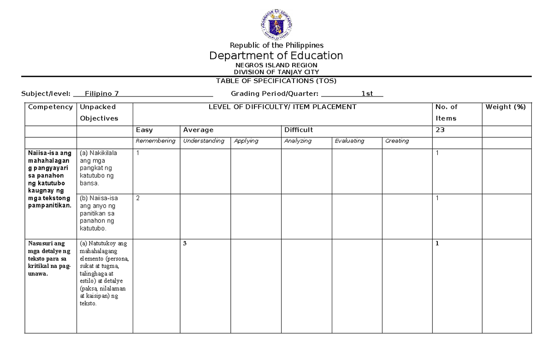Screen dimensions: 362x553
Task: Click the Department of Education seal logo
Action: [276, 23]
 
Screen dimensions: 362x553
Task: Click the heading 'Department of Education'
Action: [276, 56]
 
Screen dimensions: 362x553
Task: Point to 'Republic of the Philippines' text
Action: [276, 45]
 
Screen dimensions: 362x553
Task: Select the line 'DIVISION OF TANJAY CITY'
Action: [276, 72]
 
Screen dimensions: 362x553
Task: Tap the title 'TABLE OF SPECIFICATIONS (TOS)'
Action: [276, 81]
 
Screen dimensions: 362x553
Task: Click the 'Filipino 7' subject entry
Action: [102, 94]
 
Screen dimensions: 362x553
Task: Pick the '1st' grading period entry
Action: [367, 94]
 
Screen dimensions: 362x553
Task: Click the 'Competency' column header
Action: [50, 107]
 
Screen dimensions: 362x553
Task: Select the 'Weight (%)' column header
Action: [505, 107]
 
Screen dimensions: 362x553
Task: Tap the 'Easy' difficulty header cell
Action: [144, 130]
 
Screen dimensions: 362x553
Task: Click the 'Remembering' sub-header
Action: [155, 141]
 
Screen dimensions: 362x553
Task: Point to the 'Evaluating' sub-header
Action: [349, 141]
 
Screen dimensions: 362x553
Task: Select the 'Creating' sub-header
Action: [397, 141]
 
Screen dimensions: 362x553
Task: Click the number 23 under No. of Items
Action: [440, 130]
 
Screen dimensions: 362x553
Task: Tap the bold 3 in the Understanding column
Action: [185, 243]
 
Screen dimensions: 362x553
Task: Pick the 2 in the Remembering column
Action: [137, 198]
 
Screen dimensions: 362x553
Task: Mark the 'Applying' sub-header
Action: [246, 141]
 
